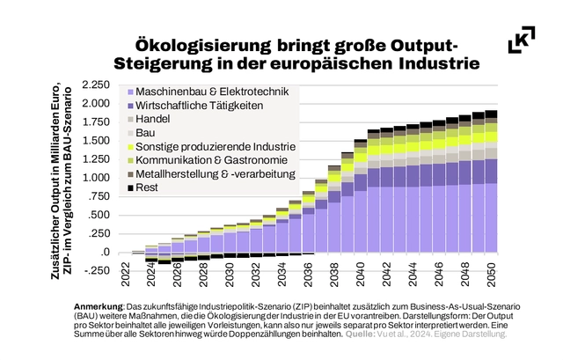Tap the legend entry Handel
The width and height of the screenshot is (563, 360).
155,119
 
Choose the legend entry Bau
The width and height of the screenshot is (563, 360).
147,133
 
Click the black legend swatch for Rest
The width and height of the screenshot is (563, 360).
130,188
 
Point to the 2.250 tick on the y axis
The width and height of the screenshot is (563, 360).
97,85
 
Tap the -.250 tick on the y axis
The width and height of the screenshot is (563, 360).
99,271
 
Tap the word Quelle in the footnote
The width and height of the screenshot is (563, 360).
357,335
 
